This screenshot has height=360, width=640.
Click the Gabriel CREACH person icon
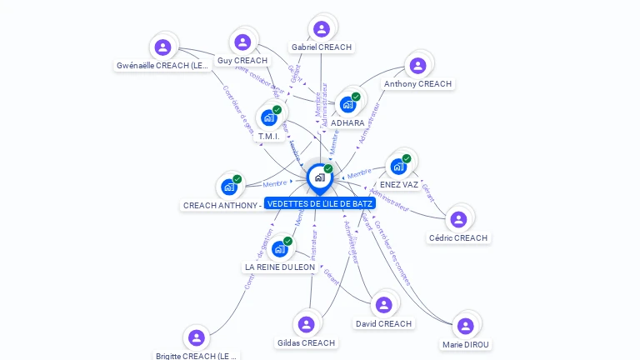[x=322, y=29]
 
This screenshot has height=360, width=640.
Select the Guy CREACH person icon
[x=242, y=42]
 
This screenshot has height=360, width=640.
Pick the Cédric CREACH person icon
[x=457, y=220]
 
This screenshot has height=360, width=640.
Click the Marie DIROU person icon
[x=465, y=326]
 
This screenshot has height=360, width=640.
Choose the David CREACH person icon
[x=383, y=305]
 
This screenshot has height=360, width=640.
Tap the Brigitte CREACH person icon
[x=196, y=337]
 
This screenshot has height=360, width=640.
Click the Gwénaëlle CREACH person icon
[x=162, y=47]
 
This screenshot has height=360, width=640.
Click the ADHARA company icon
[x=347, y=105]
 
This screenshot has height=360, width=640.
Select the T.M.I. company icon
[x=268, y=117]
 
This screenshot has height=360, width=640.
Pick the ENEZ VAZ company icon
[x=398, y=167]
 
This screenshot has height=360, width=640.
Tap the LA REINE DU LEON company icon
[x=279, y=249]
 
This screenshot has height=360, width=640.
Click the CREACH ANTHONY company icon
[x=228, y=187]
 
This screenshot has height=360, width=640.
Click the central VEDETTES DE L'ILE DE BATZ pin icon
[x=319, y=177]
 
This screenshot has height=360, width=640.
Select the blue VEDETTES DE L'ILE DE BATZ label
[x=321, y=203]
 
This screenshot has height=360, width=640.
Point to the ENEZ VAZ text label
[x=399, y=185]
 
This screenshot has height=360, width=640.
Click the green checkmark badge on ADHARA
[x=356, y=97]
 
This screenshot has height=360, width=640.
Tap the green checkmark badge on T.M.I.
[x=277, y=109]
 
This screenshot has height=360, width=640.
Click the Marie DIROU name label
[x=466, y=344]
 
